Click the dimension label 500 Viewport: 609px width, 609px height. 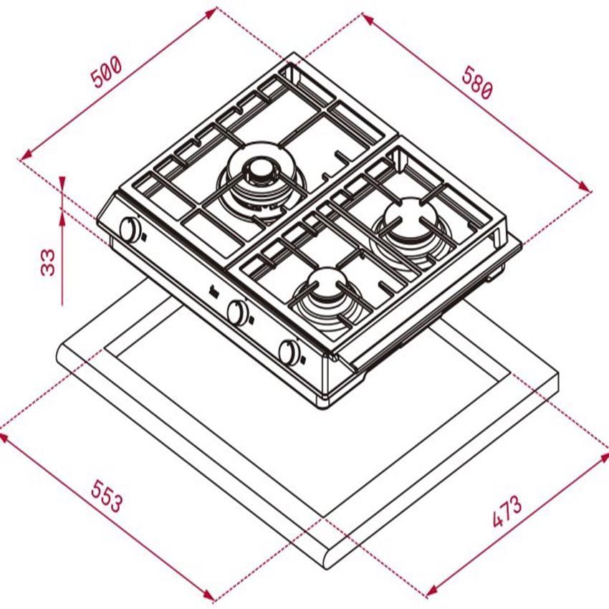[107, 72]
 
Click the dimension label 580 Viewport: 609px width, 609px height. [477, 83]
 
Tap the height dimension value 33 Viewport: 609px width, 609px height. [48, 262]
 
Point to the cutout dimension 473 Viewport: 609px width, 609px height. [507, 512]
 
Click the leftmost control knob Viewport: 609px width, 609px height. [130, 230]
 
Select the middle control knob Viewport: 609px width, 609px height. [237, 312]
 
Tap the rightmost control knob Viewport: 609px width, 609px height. [289, 353]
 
